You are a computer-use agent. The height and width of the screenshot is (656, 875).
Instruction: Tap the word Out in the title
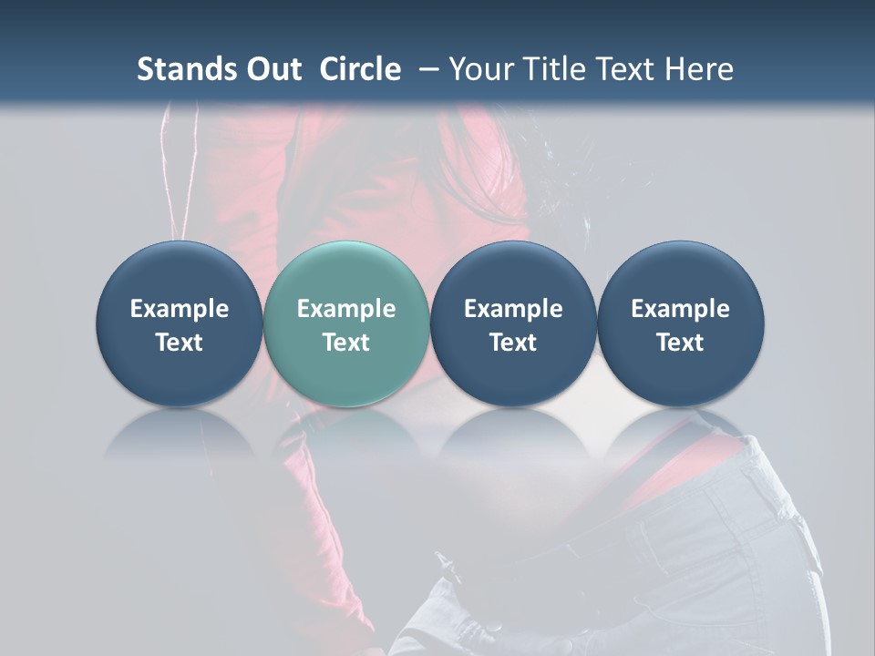coord(273,69)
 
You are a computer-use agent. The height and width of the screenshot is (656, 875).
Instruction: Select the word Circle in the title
coord(360,69)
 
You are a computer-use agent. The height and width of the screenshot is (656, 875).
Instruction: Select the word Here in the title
coord(700,69)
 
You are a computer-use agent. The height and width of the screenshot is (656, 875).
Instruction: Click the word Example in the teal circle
coord(346,309)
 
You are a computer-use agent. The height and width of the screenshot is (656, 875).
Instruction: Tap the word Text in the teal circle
coord(346,343)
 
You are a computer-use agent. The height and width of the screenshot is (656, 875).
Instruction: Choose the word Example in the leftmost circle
coord(180,309)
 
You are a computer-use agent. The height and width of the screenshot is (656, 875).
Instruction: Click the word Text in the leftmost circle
coord(180,343)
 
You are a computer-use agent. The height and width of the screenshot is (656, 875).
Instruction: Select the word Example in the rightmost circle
coord(680,309)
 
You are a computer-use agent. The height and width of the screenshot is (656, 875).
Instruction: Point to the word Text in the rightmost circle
coord(680,343)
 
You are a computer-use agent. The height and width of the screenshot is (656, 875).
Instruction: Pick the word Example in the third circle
coord(513,309)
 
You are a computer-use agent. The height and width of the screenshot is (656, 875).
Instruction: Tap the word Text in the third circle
coord(513,343)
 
